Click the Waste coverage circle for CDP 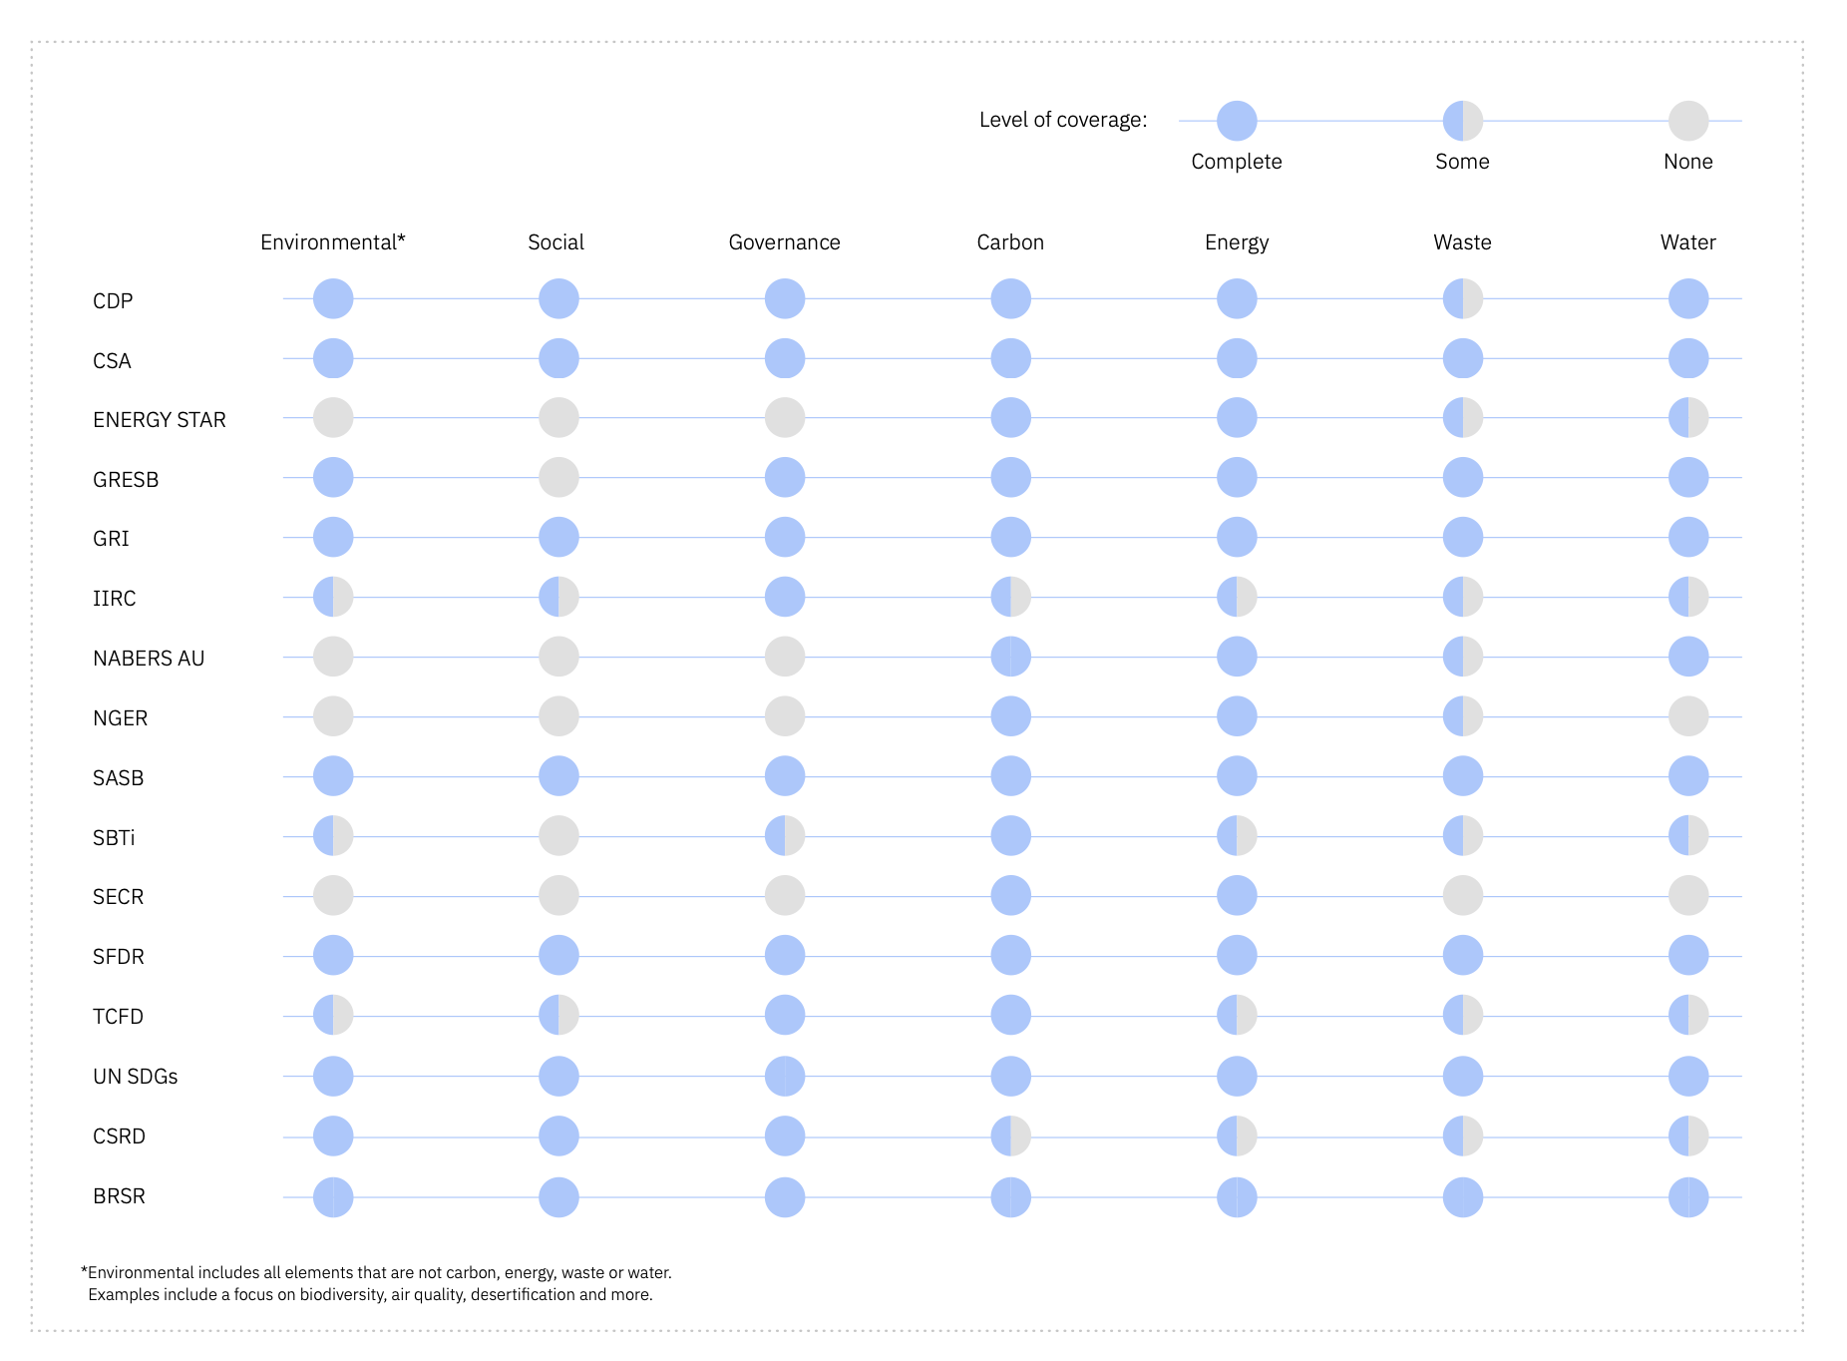pos(1462,298)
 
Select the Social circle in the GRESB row pos(558,477)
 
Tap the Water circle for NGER pos(1687,716)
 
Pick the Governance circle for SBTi pos(785,836)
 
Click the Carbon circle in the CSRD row pos(1010,1136)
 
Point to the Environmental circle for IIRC pos(333,597)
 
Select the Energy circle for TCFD pos(1237,1016)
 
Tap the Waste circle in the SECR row pos(1462,896)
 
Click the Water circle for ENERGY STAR pos(1687,418)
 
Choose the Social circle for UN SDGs pos(558,1077)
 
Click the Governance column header pos(784,242)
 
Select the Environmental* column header pos(332,242)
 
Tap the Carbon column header pos(1010,242)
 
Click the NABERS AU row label pos(149,659)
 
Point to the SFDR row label pos(119,957)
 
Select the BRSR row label pos(119,1196)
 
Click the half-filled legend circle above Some pos(1462,121)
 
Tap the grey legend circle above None pos(1687,121)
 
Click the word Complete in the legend pos(1236,162)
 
